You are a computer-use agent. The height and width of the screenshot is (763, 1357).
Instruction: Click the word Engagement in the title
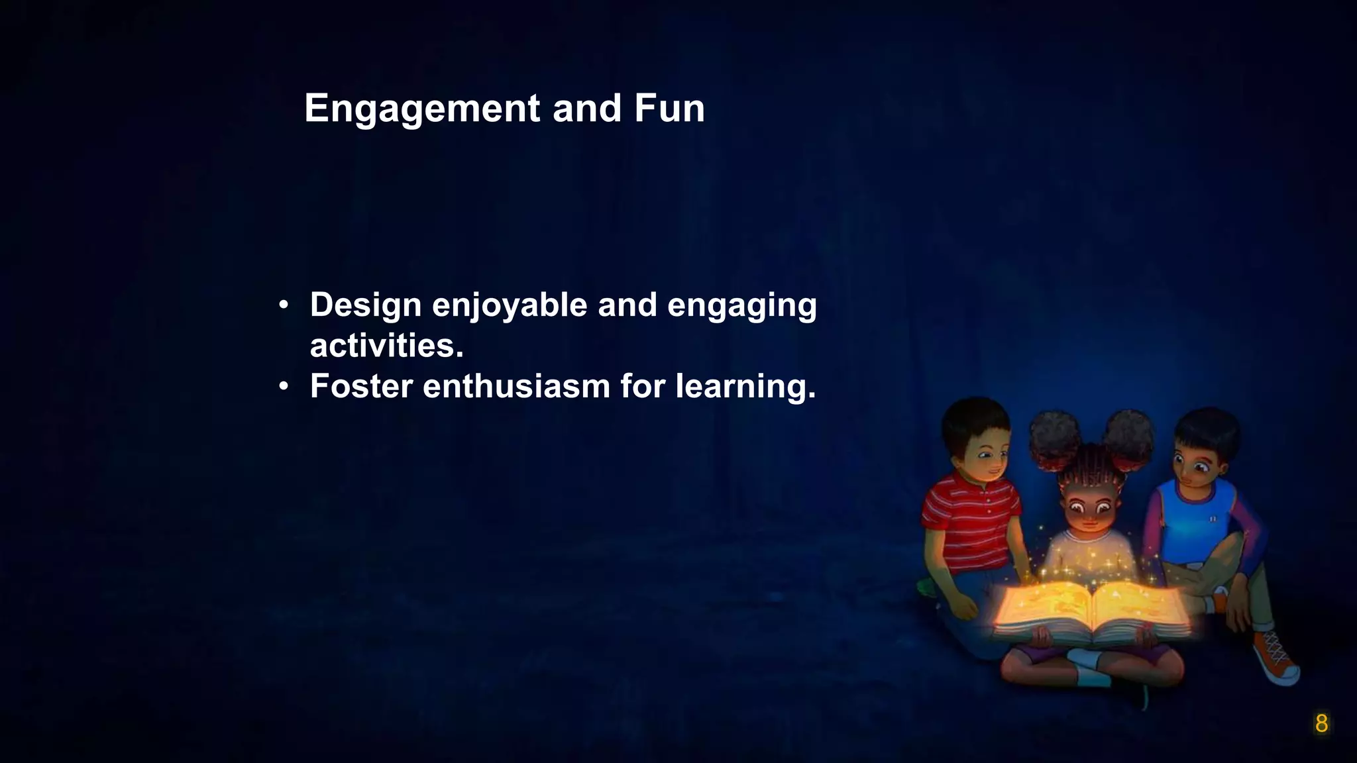422,109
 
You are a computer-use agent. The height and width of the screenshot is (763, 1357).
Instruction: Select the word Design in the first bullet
366,305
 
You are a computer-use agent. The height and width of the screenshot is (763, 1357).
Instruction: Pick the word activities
386,346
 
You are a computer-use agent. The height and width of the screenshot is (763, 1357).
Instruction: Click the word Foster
361,386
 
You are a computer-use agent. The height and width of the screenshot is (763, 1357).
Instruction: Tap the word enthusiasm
516,386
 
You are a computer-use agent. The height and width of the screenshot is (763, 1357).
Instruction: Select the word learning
745,387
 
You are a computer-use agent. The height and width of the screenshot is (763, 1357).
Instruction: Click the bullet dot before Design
284,306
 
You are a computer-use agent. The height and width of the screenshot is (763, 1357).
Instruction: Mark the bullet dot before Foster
284,386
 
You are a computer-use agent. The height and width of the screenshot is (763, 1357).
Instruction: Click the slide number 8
1321,724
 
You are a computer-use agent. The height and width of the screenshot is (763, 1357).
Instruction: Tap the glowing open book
1091,608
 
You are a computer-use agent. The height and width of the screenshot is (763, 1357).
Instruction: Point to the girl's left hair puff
1055,439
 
